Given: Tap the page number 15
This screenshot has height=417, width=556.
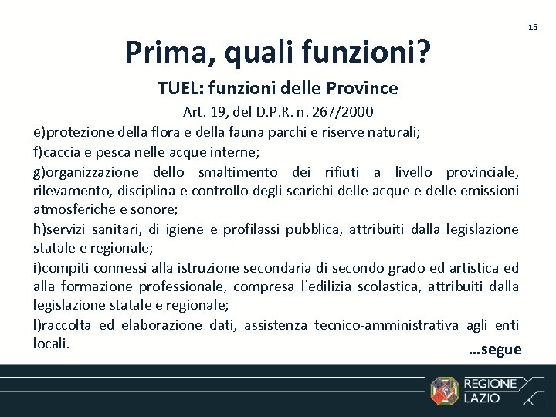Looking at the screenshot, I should (x=533, y=27).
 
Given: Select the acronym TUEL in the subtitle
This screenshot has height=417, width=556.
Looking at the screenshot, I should (x=178, y=89).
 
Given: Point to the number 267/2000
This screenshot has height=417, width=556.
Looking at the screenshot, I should (x=344, y=112).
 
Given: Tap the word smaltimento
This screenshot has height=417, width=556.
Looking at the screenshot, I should (x=237, y=171).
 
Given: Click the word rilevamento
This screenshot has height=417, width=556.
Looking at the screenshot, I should (x=72, y=191).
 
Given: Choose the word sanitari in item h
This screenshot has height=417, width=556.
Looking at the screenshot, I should (x=119, y=229).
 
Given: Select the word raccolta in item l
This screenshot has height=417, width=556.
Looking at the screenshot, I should (x=66, y=326).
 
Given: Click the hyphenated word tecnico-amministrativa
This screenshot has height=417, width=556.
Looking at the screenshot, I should (x=386, y=326).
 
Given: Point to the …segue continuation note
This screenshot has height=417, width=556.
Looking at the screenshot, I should (x=495, y=350).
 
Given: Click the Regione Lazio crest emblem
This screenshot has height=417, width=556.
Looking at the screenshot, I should (x=444, y=391).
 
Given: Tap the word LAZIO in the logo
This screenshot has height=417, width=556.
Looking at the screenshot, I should (x=481, y=398).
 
